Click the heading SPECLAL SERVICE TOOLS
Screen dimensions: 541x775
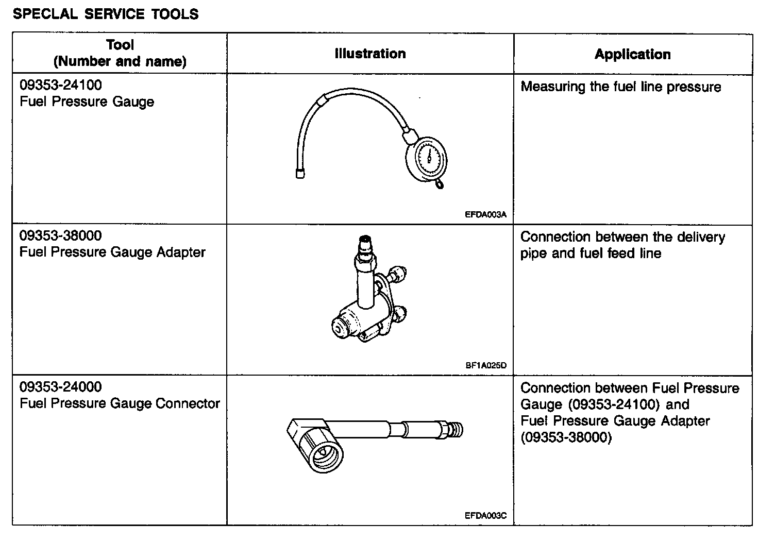point(106,14)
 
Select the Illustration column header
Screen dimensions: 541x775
point(370,54)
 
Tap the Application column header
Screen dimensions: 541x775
point(632,54)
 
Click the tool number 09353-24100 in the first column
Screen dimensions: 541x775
point(61,85)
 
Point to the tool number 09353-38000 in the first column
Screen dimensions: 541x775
point(61,236)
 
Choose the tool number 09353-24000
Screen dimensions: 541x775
point(61,387)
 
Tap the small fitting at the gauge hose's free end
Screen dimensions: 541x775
point(300,174)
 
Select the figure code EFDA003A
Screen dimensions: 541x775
point(486,215)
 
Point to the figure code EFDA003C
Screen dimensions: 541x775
point(486,515)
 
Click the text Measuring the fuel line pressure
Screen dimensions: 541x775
point(620,87)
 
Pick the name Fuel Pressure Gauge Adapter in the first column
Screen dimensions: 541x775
point(112,252)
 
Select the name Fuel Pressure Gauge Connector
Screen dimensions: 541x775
point(120,403)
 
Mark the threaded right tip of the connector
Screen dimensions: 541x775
point(457,429)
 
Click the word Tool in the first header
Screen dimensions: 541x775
point(120,45)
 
